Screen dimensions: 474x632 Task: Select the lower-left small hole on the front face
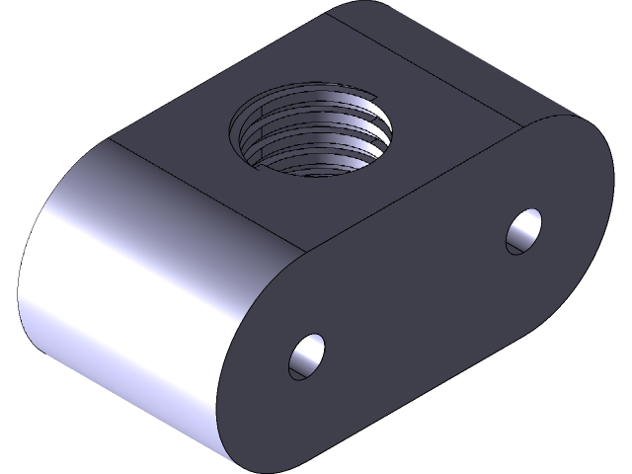click(307, 356)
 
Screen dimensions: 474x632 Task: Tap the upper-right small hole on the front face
click(523, 230)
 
